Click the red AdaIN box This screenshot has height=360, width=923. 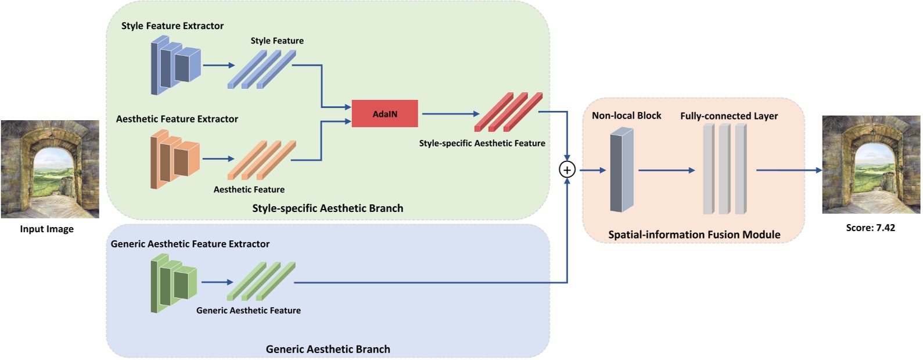385,114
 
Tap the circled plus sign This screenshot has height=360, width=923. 567,170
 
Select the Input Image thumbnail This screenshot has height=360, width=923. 50,169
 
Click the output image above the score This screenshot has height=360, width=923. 871,164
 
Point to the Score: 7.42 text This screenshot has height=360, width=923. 870,228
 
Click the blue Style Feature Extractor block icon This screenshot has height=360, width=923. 175,65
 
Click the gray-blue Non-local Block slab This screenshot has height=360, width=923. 622,170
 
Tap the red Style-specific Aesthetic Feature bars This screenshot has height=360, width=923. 508,111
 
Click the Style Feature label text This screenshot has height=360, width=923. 277,41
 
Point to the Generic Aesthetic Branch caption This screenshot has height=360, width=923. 328,349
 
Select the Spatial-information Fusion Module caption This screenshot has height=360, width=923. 694,235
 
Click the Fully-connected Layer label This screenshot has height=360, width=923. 729,116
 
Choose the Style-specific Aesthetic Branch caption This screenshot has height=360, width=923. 328,208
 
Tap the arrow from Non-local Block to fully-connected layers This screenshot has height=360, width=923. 666,170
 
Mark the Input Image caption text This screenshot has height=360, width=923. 47,229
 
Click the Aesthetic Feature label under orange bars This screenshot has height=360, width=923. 249,189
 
